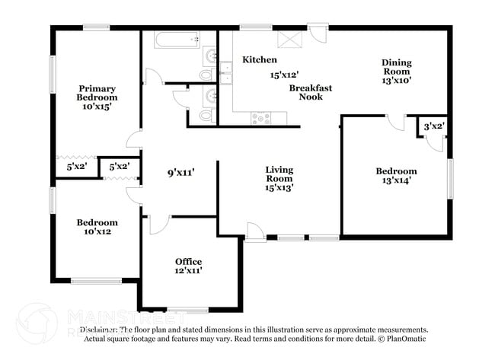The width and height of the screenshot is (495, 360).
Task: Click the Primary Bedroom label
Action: pyautogui.click(x=97, y=93)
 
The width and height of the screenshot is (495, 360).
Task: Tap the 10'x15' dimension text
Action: pyautogui.click(x=97, y=107)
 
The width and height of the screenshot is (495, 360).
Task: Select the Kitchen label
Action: pyautogui.click(x=260, y=59)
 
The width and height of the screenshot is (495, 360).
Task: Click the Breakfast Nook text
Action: pyautogui.click(x=310, y=93)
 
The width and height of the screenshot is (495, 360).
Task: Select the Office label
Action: pyautogui.click(x=188, y=261)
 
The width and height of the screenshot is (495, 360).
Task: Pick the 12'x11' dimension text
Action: pyautogui.click(x=188, y=270)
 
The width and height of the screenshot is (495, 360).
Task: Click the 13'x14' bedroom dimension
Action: pyautogui.click(x=396, y=181)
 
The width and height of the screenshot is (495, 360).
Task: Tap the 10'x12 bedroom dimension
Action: pyautogui.click(x=97, y=232)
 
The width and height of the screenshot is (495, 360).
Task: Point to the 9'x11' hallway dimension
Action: pyautogui.click(x=180, y=172)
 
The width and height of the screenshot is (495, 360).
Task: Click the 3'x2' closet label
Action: pyautogui.click(x=433, y=126)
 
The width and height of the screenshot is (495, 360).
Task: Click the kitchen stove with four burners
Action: pyautogui.click(x=260, y=118)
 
